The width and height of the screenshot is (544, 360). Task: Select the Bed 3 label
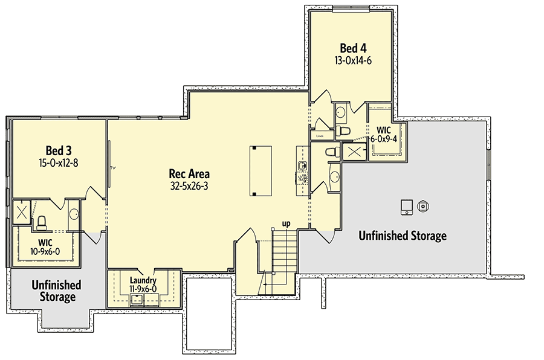click(59, 150)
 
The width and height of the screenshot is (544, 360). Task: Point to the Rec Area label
click(189, 174)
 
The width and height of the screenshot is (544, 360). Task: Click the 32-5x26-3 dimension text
click(189, 186)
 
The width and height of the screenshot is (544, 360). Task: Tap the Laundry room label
click(143, 280)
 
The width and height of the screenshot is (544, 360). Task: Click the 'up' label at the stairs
click(286, 223)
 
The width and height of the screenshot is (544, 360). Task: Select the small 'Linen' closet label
click(320, 137)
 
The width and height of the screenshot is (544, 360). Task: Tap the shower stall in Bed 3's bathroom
click(22, 212)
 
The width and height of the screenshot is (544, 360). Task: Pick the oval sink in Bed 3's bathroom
click(73, 214)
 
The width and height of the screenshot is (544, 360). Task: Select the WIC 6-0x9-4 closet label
click(383, 134)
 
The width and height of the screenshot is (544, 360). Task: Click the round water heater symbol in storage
click(424, 206)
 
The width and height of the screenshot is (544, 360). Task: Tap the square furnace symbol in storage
click(406, 207)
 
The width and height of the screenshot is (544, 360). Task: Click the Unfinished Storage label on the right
click(402, 236)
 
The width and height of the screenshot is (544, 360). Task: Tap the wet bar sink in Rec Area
click(303, 165)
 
